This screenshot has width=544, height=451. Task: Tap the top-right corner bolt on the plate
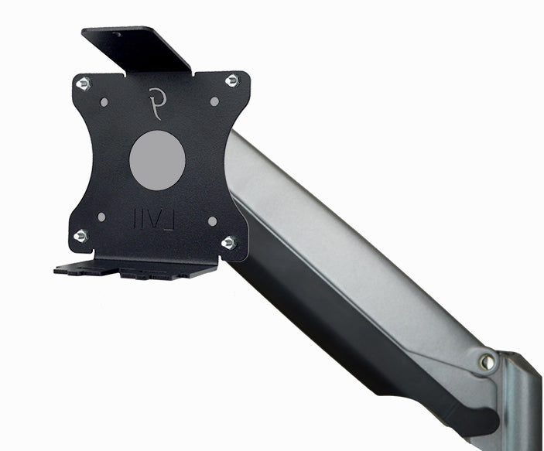(231, 80)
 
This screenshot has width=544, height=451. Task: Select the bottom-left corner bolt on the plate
(81, 235)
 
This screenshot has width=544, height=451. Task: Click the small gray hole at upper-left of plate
(101, 101)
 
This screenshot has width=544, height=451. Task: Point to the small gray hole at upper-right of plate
(214, 101)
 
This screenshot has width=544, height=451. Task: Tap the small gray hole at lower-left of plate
(101, 218)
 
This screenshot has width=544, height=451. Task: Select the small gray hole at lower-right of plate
(211, 220)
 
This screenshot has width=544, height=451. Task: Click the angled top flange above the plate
(139, 48)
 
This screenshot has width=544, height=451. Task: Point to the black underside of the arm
(340, 325)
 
